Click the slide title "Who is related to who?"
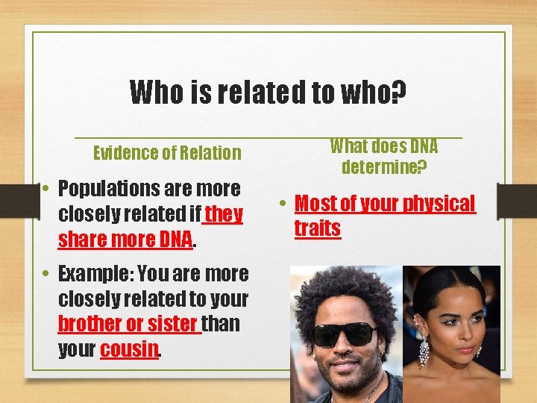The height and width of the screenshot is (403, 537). (x=268, y=93)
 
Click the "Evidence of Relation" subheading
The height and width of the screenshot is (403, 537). (x=167, y=153)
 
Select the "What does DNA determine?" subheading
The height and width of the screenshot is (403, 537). (x=384, y=156)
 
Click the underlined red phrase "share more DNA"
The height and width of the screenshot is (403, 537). (x=125, y=240)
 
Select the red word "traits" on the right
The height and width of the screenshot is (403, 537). (x=318, y=228)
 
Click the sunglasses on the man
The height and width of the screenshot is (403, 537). (x=345, y=334)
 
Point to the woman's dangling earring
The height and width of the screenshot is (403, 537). (x=424, y=348)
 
